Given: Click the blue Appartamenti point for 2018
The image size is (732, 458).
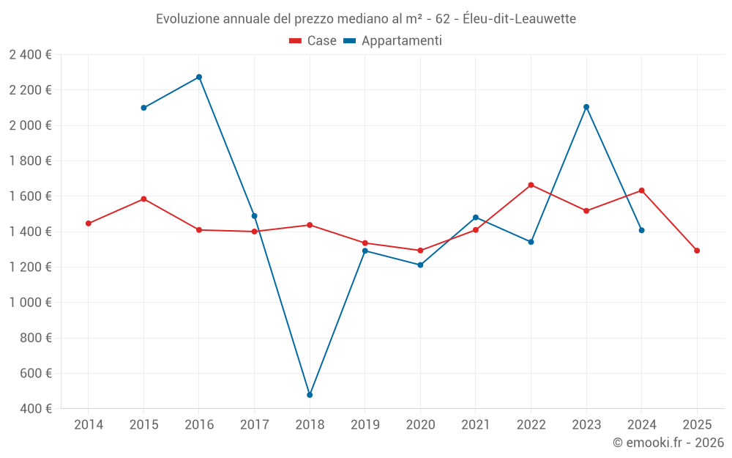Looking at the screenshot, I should pos(310,395).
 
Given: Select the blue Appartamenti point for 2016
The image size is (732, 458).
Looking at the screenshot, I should pos(199,77).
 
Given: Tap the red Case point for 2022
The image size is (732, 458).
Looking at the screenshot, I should pos(531,185).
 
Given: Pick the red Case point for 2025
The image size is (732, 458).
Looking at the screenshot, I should pos(697,251).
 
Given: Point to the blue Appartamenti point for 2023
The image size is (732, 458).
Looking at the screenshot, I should pos(586,107).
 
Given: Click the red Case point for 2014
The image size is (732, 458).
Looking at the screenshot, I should pos(89,224).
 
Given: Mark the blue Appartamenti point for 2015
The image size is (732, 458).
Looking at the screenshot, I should pos(143,108).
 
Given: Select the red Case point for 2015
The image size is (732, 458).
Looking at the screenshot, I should pos(143,199).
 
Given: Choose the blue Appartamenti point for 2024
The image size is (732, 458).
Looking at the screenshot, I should pos(641,230).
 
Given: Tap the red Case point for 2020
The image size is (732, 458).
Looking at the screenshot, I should pos(420,251).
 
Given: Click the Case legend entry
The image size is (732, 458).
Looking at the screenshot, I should pos(313,41).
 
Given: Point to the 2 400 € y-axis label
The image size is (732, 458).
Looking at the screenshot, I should pos(30,54).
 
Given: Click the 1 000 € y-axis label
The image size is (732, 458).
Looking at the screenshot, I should pos(30,303).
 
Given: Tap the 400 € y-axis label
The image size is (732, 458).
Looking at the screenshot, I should pos(35,409).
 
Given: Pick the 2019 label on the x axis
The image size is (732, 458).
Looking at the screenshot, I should pos(365,424).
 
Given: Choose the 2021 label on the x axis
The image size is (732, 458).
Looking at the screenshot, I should pos(476,424).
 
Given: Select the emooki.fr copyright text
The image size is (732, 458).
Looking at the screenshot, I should pos(668,443).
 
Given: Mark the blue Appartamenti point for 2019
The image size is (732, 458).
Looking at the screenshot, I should pos(365,251).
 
